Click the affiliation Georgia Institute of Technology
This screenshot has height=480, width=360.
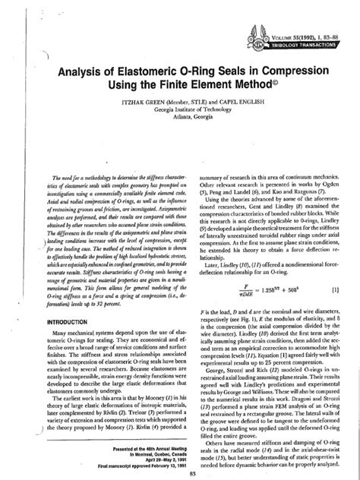pyautogui.click(x=180, y=119)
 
